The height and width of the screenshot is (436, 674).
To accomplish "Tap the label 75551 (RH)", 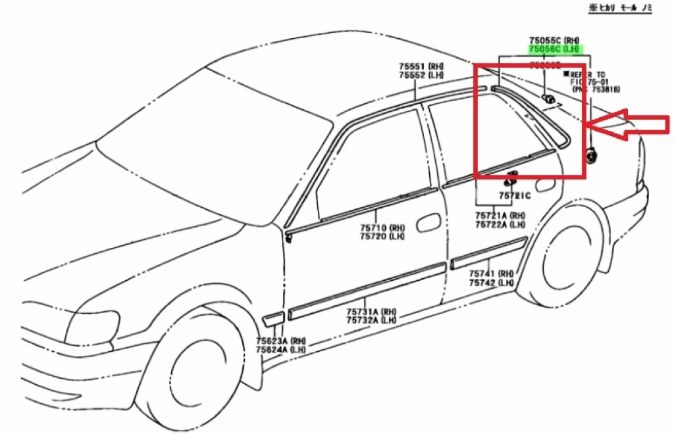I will (x=421, y=66).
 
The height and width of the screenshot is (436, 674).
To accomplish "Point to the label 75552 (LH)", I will (x=421, y=75).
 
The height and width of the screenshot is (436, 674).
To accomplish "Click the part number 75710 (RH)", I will (x=382, y=228).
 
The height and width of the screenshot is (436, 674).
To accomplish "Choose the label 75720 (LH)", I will (x=382, y=236).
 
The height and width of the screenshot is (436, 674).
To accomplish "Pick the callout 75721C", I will (x=513, y=196).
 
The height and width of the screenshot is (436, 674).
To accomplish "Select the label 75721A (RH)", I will (x=501, y=216).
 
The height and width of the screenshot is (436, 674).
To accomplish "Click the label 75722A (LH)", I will (x=501, y=224).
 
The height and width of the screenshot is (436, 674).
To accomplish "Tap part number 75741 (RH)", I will (x=491, y=274).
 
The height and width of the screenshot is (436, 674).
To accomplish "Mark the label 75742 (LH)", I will (x=491, y=282).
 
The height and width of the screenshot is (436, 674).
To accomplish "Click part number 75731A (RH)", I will (x=372, y=312).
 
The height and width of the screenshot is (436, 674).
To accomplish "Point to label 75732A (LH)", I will (x=372, y=320).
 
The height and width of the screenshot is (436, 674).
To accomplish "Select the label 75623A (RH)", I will (x=281, y=341).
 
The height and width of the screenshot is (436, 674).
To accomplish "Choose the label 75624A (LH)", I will (x=281, y=350).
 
